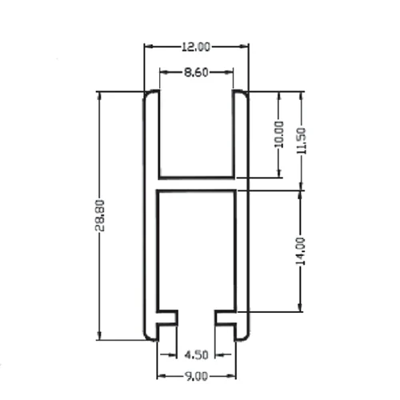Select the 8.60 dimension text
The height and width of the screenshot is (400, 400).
196,72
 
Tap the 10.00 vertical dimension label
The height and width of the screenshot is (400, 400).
278,134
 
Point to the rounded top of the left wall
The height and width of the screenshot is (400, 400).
150,94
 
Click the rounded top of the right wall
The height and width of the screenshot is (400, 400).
241,94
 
